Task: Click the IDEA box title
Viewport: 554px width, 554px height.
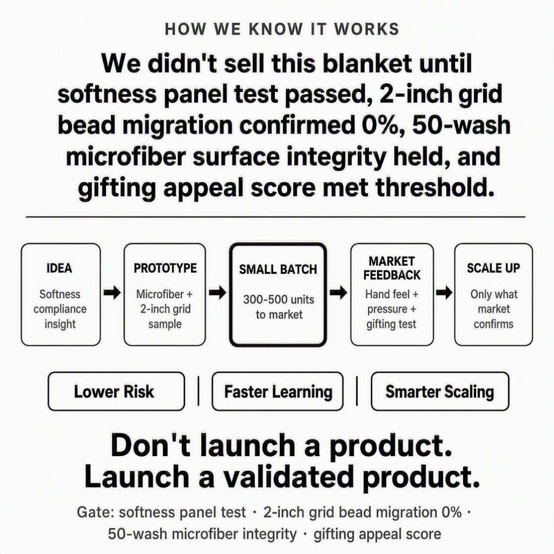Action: (x=59, y=268)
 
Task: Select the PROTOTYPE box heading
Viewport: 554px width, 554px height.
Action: (x=165, y=268)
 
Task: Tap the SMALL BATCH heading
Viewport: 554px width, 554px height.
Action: (x=278, y=269)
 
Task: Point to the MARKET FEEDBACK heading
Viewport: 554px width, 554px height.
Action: (x=392, y=268)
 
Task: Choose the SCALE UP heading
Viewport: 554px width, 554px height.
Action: (x=494, y=268)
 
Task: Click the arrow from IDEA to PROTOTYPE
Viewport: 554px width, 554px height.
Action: (x=112, y=293)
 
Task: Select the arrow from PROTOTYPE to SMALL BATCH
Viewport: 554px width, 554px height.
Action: (x=217, y=293)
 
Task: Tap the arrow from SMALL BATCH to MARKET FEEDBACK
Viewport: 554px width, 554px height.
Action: (x=338, y=293)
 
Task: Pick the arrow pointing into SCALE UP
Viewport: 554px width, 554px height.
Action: (x=444, y=293)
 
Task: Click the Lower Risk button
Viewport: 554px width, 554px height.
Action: (x=116, y=392)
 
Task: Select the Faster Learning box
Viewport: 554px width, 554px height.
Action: (x=278, y=392)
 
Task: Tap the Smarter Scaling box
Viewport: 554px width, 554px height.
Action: (x=440, y=392)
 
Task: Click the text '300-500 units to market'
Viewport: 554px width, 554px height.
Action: (x=279, y=307)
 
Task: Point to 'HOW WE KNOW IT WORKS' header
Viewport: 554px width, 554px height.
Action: (x=282, y=29)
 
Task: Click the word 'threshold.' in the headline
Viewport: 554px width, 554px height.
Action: (x=434, y=187)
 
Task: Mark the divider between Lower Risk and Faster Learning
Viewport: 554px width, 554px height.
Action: (x=198, y=391)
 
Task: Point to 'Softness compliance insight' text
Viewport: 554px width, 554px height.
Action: (x=60, y=309)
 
